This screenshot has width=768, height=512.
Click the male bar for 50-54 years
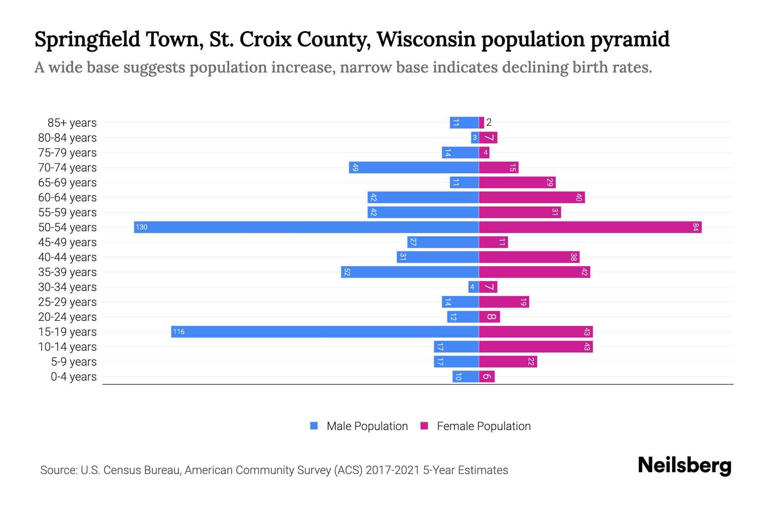click(x=306, y=227)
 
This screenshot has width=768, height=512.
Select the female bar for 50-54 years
click(x=590, y=227)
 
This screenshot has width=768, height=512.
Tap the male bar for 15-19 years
click(x=325, y=332)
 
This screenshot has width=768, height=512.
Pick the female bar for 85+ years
click(x=482, y=122)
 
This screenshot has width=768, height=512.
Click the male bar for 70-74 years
click(x=414, y=167)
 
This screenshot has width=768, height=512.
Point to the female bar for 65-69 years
click(x=517, y=182)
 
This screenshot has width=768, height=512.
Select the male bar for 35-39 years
click(x=410, y=272)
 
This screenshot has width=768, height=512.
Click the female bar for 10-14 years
click(x=535, y=346)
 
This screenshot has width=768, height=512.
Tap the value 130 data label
click(x=142, y=227)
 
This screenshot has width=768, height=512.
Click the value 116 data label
click(x=179, y=332)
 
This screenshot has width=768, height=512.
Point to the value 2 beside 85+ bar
click(x=489, y=122)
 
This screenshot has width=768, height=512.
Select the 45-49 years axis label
click(x=67, y=242)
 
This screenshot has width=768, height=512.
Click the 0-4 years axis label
click(x=74, y=376)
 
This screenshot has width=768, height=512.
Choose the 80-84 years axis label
click(x=67, y=137)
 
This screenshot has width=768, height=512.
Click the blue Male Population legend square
click(x=314, y=426)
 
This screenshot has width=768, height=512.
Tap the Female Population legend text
click(x=483, y=426)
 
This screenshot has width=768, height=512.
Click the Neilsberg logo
click(x=684, y=465)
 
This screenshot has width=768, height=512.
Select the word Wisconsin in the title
click(x=426, y=39)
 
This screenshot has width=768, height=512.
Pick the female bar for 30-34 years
click(x=488, y=287)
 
